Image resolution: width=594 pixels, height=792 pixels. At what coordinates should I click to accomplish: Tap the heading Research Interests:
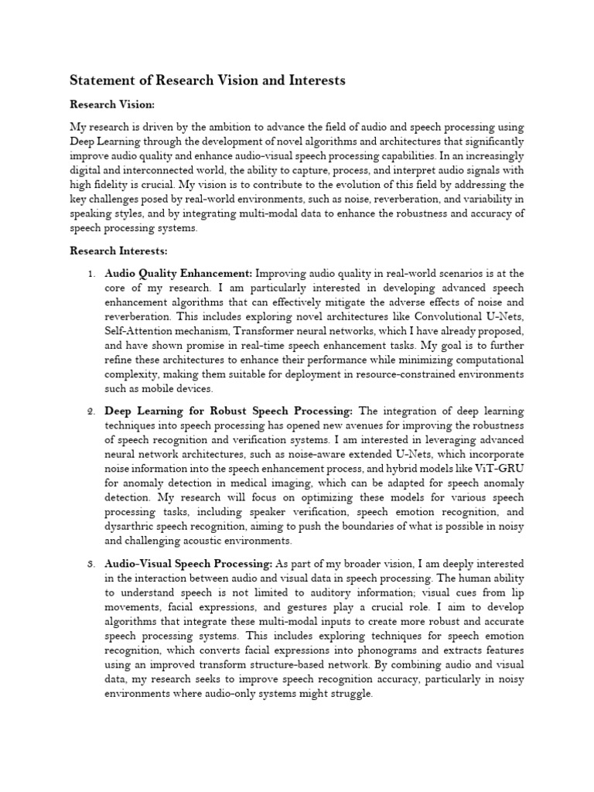(x=119, y=251)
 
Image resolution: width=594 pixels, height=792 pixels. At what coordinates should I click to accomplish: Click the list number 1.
(x=90, y=274)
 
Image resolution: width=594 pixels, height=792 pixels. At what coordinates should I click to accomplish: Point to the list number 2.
(x=90, y=411)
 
